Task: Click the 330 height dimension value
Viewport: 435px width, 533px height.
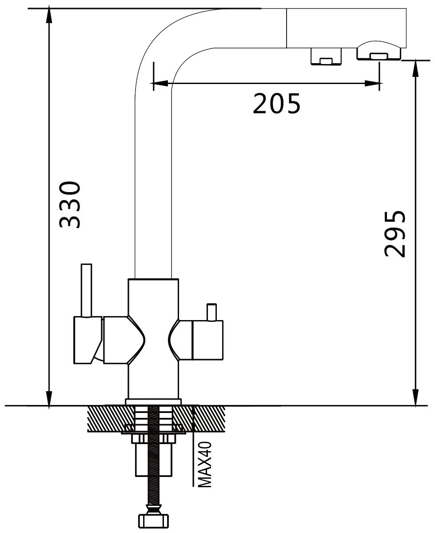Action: click(70, 204)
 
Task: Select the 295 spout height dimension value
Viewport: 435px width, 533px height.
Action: click(395, 233)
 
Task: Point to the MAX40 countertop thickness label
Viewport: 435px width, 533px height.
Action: click(204, 465)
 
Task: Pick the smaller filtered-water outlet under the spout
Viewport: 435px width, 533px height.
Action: click(326, 56)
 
